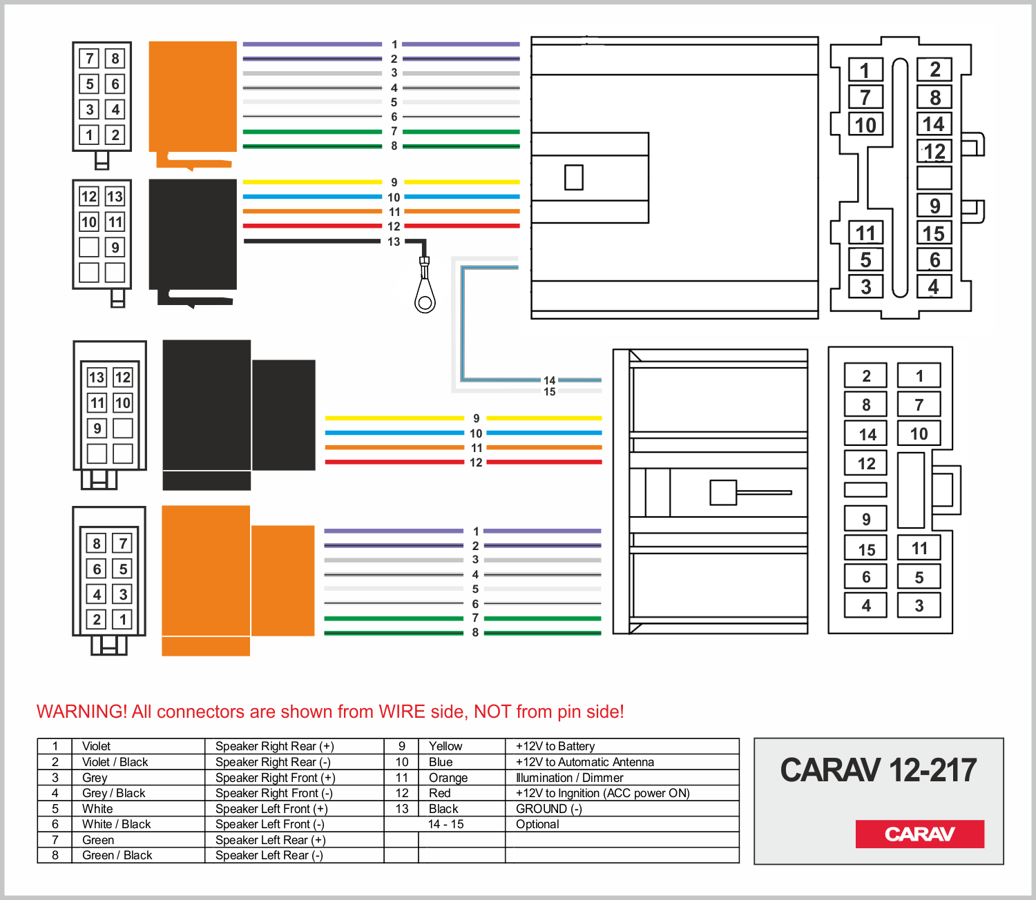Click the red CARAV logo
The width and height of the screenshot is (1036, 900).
pos(919,834)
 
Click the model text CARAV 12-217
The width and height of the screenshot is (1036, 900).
pos(879,770)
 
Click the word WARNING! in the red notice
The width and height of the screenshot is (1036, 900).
pos(81,712)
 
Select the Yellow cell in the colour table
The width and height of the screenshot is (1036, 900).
pos(445,746)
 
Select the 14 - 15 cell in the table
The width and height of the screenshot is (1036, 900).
pos(445,824)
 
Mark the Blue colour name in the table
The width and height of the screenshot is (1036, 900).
pos(441,762)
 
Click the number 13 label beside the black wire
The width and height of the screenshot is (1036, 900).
pos(394,242)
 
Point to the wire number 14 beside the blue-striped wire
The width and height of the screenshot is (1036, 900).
pos(549,380)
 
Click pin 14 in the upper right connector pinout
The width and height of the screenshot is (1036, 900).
pos(934,124)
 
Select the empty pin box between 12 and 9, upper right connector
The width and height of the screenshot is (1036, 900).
pos(934,178)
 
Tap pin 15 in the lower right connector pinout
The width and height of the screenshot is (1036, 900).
pos(866,549)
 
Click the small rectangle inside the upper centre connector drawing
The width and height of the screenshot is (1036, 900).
pos(574,177)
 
